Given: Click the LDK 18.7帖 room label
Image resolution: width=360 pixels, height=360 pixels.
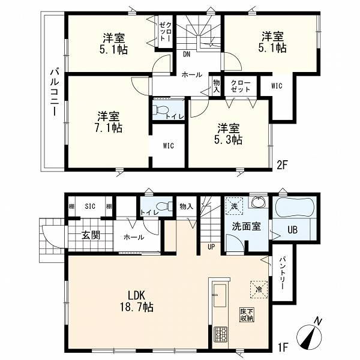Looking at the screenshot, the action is [137, 301].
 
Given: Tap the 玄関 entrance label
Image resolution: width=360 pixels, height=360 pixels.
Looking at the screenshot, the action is [91, 235].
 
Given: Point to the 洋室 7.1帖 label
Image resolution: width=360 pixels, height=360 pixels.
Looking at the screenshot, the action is [109, 122].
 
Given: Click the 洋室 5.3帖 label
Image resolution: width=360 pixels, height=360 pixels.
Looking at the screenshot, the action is [229, 134].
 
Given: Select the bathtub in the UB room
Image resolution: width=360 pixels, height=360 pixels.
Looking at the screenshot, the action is [295, 207].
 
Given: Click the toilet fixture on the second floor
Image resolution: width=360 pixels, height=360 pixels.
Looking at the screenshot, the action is [162, 110].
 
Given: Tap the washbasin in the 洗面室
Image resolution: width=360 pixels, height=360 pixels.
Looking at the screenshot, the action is [259, 202].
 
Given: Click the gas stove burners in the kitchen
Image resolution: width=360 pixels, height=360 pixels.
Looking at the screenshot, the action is [221, 334].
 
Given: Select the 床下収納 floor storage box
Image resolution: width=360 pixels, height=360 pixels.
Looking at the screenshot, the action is [247, 315].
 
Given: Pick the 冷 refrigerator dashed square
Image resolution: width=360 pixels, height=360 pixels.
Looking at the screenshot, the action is [259, 290].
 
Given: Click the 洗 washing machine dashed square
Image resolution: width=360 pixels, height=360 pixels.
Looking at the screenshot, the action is [234, 206].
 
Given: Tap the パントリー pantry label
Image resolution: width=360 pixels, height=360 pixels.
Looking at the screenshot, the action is [282, 273].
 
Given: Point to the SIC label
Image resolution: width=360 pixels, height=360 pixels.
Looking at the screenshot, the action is [90, 206].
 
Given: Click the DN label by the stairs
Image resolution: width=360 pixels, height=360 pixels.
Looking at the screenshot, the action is [187, 55].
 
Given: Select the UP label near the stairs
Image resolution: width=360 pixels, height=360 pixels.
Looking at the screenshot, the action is [211, 247].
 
